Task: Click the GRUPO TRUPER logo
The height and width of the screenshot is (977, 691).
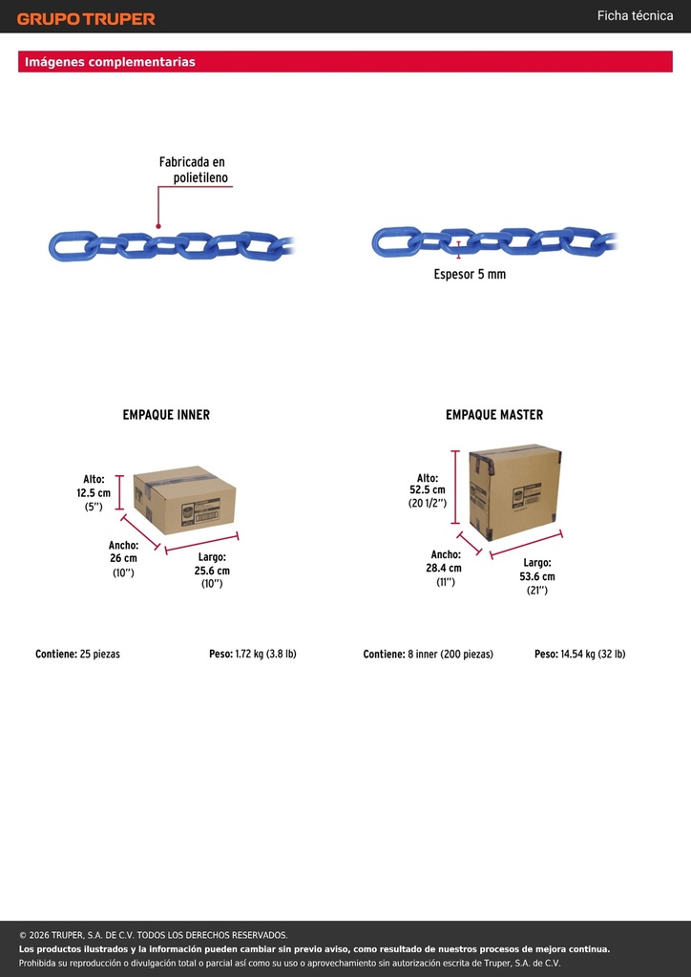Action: (x=86, y=19)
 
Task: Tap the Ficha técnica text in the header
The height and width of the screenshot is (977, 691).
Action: (x=635, y=15)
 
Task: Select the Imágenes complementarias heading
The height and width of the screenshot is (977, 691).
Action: (x=110, y=62)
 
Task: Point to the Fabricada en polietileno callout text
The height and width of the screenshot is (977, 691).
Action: (x=193, y=170)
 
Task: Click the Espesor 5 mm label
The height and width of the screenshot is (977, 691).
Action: (x=470, y=274)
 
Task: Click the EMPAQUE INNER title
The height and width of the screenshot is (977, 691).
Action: (x=166, y=414)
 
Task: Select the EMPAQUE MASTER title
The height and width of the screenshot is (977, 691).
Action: (x=494, y=414)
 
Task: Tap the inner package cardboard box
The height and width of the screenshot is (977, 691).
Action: (x=184, y=500)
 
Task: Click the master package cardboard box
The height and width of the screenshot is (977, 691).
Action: (x=514, y=492)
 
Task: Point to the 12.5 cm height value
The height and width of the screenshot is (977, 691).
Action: (x=94, y=493)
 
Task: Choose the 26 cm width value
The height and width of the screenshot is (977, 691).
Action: (x=123, y=558)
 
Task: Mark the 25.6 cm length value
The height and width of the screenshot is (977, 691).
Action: (x=212, y=571)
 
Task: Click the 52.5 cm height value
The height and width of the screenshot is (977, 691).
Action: (x=428, y=490)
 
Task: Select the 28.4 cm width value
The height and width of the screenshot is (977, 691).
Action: (x=446, y=569)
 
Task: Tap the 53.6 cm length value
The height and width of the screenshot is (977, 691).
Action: (x=537, y=577)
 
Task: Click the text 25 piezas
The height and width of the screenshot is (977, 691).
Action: (x=99, y=655)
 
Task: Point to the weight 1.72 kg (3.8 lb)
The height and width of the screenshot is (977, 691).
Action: (x=265, y=655)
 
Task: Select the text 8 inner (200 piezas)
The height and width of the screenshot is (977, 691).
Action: (x=450, y=655)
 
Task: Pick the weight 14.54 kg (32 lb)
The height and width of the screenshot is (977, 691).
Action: (x=594, y=655)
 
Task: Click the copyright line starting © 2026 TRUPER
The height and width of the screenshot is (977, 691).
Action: (x=154, y=935)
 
